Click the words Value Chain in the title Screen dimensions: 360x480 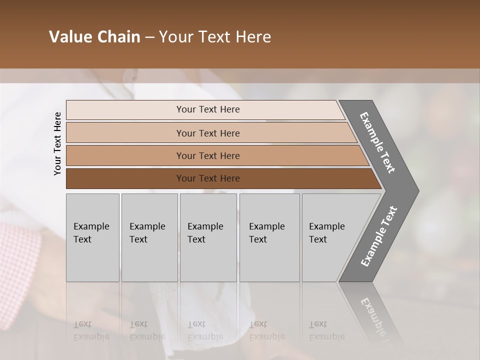pos(94,37)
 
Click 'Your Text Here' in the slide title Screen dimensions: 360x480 pos(215,37)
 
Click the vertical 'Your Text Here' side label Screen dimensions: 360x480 pos(57,143)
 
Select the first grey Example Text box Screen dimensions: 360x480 pos(92,237)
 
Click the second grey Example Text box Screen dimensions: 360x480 pos(149,237)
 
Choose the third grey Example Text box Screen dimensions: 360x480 pos(208,237)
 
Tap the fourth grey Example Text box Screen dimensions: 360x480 pos(269,237)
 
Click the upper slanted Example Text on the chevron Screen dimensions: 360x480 pos(377,142)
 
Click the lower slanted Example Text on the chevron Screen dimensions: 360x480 pos(378,236)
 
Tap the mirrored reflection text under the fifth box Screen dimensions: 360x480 pos(326,330)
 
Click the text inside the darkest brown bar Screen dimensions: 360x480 pos(208,178)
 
